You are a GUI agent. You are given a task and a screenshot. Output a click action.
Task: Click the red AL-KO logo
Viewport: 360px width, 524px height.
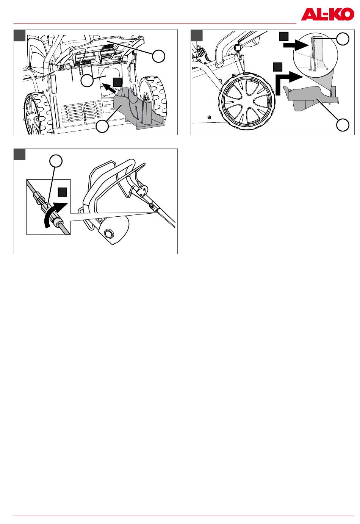[327, 14]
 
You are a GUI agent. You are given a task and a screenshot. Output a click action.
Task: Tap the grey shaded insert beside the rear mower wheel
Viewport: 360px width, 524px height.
[138, 108]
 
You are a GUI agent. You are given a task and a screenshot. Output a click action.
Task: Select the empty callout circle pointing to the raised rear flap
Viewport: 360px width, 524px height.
[159, 56]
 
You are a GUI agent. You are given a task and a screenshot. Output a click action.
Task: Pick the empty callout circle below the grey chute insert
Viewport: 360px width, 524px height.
[102, 126]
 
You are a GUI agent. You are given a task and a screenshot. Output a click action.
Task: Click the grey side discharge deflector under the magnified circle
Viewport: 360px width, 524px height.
[311, 97]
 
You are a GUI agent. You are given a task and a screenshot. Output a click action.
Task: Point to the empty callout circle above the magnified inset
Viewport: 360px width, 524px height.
[343, 39]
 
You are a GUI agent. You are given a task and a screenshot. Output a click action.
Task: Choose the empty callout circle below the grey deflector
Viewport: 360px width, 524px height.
[343, 125]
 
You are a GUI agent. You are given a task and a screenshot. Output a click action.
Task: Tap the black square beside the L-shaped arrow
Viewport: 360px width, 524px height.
[278, 67]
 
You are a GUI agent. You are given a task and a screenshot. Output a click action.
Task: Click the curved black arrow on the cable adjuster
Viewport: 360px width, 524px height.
[54, 213]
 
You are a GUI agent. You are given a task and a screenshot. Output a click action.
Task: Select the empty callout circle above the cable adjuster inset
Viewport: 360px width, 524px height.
[56, 161]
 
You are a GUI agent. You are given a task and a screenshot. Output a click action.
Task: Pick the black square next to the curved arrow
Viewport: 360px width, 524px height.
[63, 192]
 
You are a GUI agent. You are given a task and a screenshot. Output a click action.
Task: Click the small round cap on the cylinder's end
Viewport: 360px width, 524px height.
[108, 233]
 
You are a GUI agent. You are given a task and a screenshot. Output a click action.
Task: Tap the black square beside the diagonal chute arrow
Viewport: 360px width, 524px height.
[117, 82]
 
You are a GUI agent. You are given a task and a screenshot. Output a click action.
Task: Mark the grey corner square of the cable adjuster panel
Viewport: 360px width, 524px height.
[20, 154]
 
